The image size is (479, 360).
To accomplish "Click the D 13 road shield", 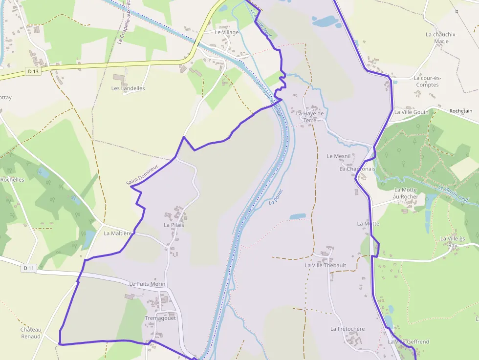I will [x=33, y=71].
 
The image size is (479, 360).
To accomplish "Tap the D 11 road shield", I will [x=29, y=268].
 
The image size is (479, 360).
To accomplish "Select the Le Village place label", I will [x=227, y=32].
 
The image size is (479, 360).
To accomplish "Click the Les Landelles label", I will [x=128, y=88].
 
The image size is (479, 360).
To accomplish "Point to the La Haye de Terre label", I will [x=310, y=117].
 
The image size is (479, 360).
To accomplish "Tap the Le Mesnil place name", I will [x=339, y=156].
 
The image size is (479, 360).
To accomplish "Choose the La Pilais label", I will [x=174, y=225].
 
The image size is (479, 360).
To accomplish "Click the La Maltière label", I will [x=118, y=233].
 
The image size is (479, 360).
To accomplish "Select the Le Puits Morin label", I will [x=147, y=284].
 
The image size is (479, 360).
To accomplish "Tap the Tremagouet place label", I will [x=160, y=318].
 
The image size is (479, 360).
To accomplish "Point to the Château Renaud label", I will [x=31, y=333].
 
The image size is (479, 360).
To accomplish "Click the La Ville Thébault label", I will [x=325, y=265].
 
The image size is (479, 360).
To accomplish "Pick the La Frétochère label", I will [x=347, y=329].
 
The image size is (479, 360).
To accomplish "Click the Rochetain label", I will [x=460, y=111].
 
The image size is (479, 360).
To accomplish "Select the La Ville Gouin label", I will [x=411, y=112].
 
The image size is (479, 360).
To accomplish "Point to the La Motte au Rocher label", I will [x=406, y=193].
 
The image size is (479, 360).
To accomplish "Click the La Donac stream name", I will [x=276, y=197].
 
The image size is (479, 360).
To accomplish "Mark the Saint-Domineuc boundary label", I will [x=142, y=174].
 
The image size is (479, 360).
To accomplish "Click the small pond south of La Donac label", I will [x=297, y=216].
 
